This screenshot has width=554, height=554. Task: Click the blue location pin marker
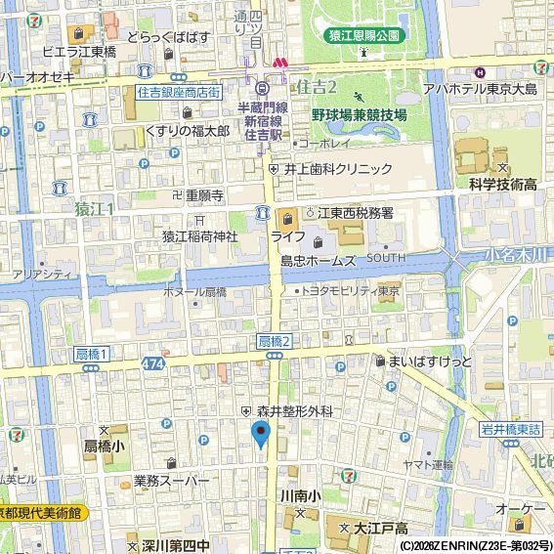coord(260,434)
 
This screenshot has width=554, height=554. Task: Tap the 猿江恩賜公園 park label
coord(363,35)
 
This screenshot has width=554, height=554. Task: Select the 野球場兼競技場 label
coord(359,114)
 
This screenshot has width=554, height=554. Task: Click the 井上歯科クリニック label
coord(337,168)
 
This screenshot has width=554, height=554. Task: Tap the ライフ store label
coord(287,235)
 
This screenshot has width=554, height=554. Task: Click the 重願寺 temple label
coord(204,194)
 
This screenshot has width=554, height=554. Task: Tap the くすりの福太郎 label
coord(187,130)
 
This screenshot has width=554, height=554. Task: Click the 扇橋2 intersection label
coord(276,340)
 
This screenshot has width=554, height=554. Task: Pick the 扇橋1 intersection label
coord(92,353)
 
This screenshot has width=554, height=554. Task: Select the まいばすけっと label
coord(429,362)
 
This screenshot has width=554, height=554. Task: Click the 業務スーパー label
coord(171,481)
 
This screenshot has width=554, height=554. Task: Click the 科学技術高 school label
coord(503,184)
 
